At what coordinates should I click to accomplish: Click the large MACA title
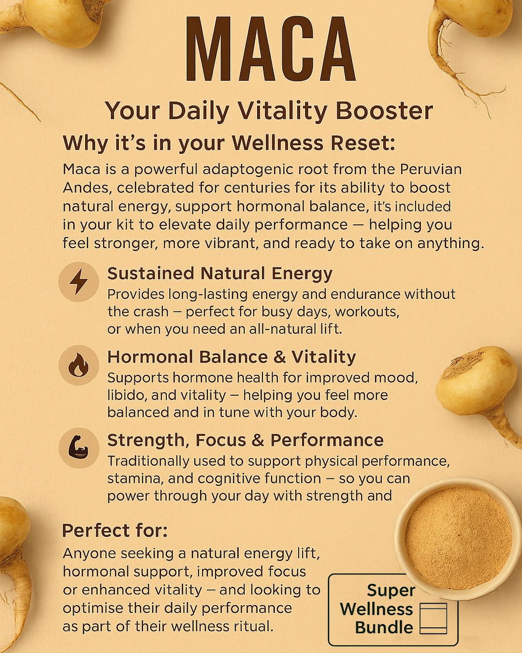[270, 49]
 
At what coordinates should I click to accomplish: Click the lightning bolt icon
[79, 282]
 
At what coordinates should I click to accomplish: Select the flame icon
[78, 365]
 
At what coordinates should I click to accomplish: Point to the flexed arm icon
[78, 448]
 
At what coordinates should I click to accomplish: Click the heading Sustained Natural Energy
[219, 274]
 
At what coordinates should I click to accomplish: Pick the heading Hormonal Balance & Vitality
[232, 357]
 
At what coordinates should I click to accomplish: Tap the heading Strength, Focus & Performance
[246, 440]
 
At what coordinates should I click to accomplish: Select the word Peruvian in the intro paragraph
[431, 169]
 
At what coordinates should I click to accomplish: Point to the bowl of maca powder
[458, 537]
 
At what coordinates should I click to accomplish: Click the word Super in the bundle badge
[391, 591]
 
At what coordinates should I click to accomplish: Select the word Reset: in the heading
[363, 143]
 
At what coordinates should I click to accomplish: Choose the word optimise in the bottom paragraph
[93, 608]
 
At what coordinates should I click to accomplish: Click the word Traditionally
[148, 461]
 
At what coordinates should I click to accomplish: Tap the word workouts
[367, 312]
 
